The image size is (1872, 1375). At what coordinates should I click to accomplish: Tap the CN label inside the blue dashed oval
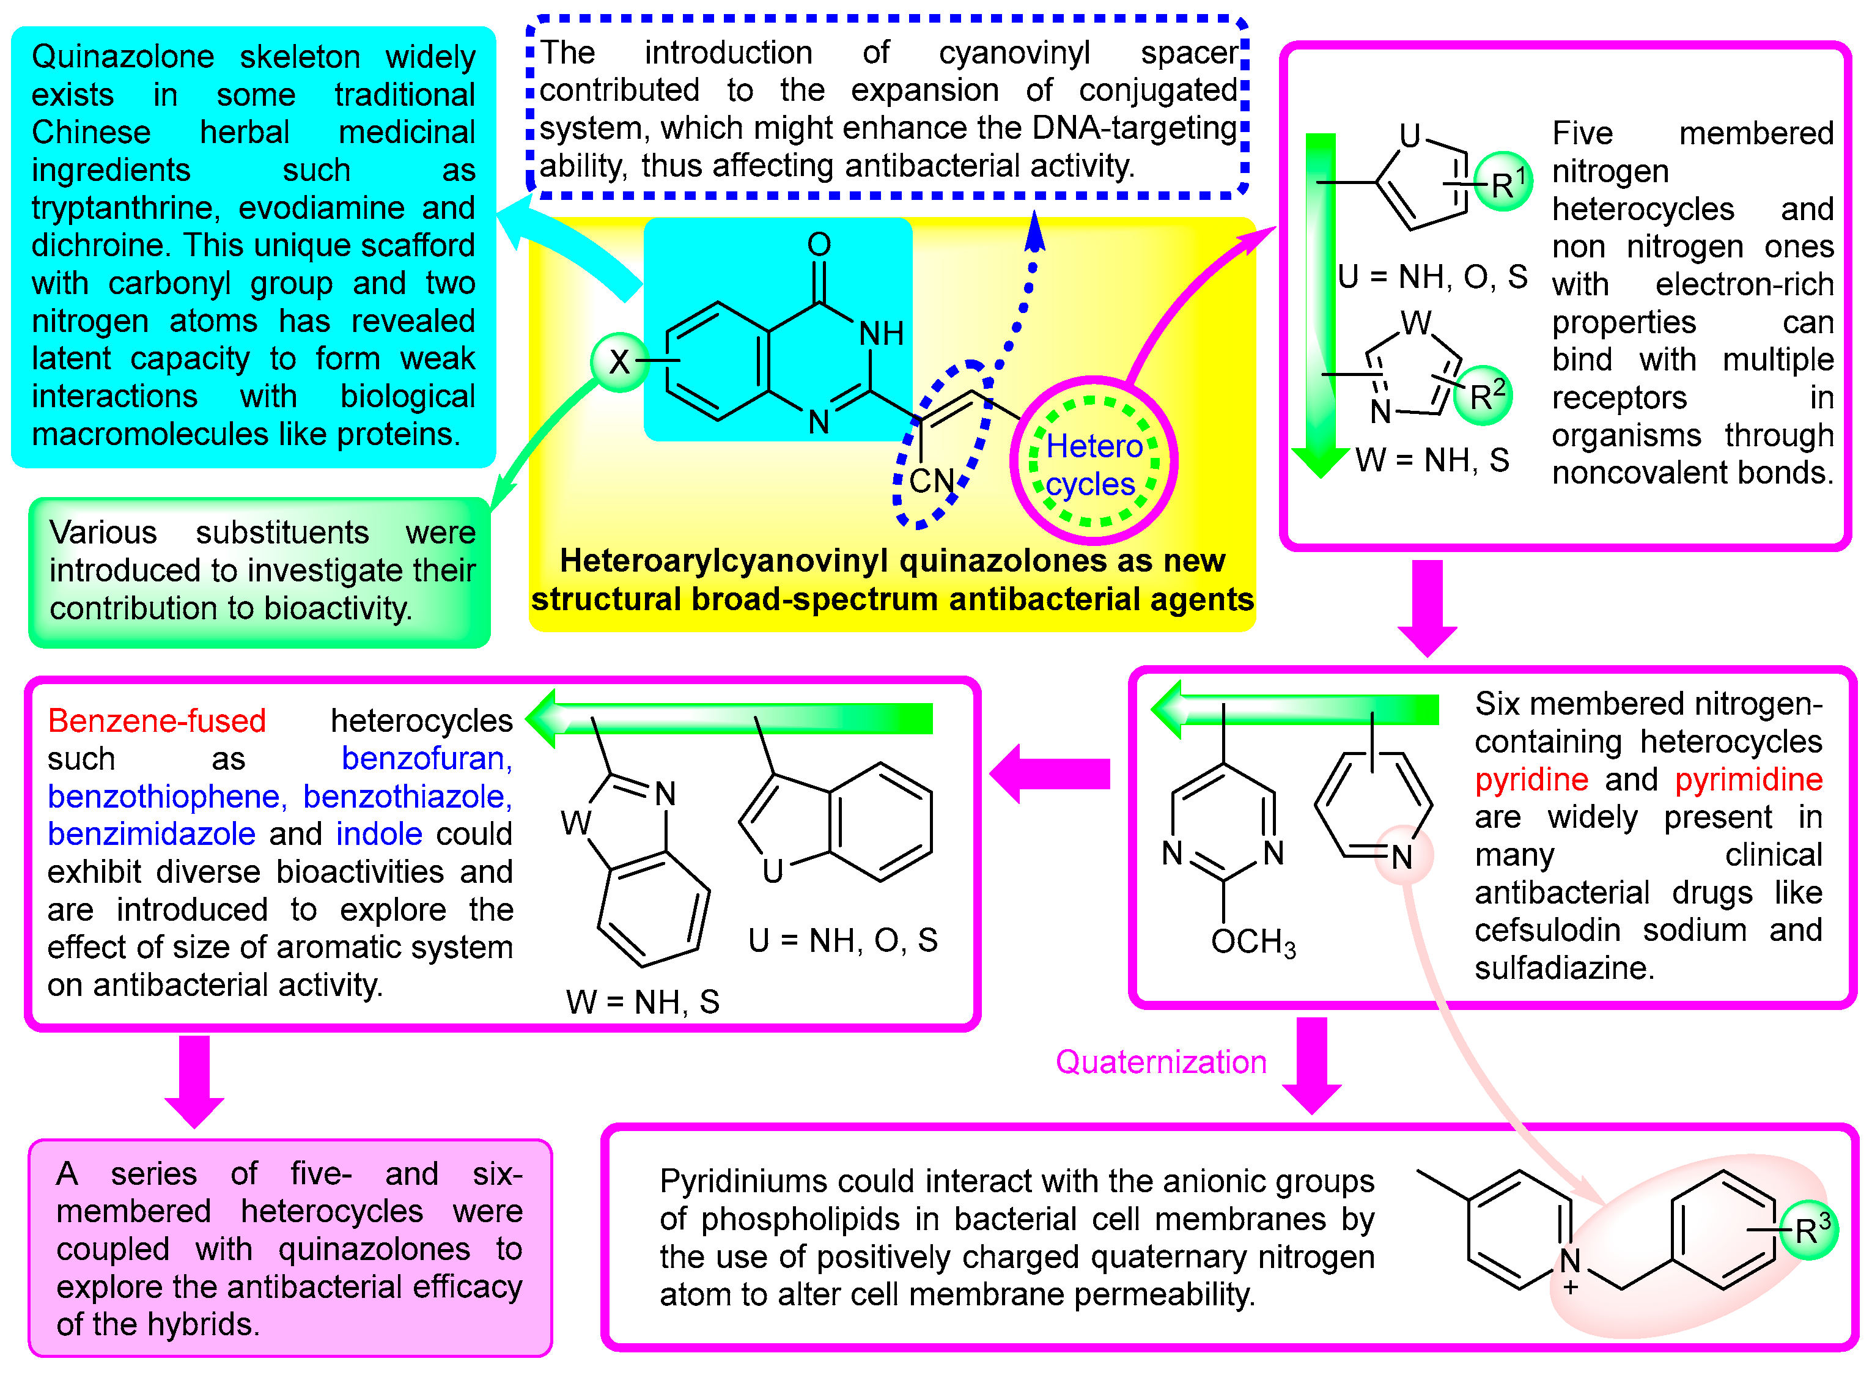click(930, 481)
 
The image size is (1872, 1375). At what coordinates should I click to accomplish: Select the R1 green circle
click(1503, 182)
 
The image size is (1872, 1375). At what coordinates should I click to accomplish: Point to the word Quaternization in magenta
click(1160, 1061)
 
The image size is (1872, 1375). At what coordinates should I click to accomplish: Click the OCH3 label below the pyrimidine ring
click(1253, 942)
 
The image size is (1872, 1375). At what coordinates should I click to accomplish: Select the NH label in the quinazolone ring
click(880, 333)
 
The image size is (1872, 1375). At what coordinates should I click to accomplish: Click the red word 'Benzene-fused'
click(157, 720)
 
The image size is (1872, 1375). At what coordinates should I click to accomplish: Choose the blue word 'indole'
click(378, 833)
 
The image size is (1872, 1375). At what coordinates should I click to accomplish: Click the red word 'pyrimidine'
click(1748, 779)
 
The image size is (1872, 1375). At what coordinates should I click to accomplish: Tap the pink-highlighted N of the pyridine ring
click(1402, 855)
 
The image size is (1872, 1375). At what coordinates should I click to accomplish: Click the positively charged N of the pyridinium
click(1569, 1261)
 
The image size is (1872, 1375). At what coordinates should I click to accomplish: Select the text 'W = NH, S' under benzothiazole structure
click(642, 1001)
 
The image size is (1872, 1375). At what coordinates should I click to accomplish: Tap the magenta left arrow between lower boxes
click(1048, 773)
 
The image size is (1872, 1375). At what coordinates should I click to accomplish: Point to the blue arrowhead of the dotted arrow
click(1034, 231)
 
